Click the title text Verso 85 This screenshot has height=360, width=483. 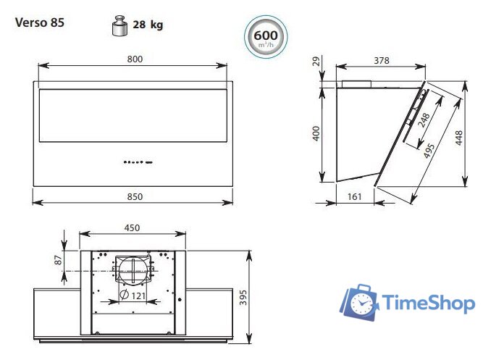tap(40, 22)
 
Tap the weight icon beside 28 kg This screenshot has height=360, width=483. tap(118, 25)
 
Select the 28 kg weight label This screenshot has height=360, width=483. tap(147, 25)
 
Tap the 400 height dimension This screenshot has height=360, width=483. tap(316, 133)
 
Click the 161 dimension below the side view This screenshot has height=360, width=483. tap(354, 196)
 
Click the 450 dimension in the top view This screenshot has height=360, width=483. tap(132, 227)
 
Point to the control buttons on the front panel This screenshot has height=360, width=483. tap(136, 162)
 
